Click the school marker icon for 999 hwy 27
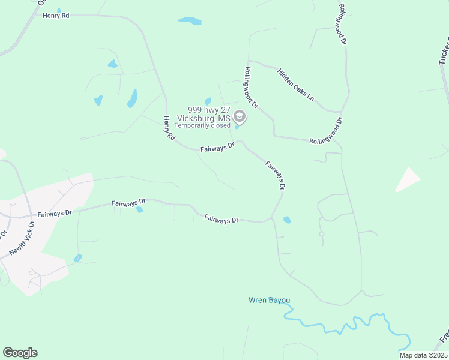240,116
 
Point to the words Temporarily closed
202,126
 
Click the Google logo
20,352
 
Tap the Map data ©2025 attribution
423,355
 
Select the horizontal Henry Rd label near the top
56,16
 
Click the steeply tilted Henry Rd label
169,128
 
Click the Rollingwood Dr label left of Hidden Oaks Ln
250,87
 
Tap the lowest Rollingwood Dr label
325,130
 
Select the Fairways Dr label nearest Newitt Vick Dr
55,213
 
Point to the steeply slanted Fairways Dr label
275,175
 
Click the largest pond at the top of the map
190,21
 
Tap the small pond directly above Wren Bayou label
286,220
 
